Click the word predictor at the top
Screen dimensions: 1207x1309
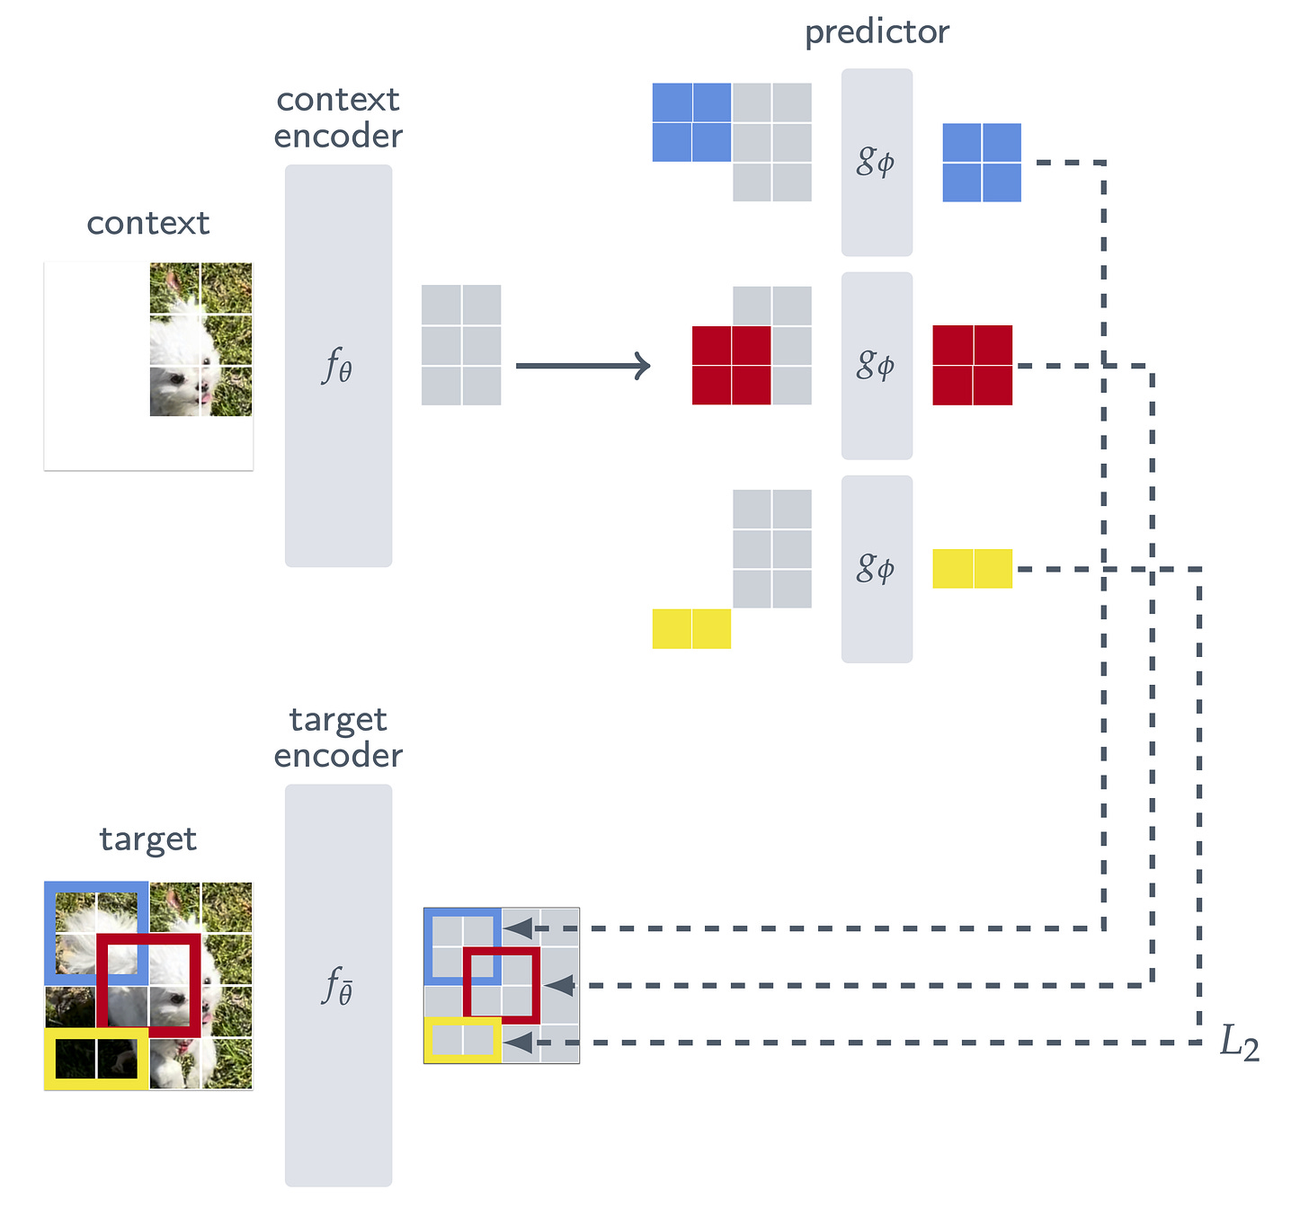point(877,32)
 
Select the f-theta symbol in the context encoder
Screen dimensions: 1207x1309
point(337,367)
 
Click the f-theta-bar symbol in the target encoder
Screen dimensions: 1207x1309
point(337,986)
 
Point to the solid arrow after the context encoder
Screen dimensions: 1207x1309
point(583,366)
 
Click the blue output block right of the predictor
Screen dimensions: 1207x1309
point(982,163)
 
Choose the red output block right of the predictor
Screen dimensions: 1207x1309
point(972,365)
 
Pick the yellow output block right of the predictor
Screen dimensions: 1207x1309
point(972,569)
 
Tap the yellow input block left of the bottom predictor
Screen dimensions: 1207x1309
point(691,628)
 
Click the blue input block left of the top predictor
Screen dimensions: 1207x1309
point(691,122)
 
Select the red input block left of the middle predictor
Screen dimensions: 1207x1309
point(731,365)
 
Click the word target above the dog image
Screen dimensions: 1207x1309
point(147,839)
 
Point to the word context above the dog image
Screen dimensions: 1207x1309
point(147,223)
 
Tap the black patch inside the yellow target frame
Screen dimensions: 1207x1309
point(96,1059)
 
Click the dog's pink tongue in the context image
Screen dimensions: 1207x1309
point(206,395)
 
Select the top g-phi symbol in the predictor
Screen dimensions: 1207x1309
point(876,162)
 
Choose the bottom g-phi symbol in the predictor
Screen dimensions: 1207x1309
point(876,568)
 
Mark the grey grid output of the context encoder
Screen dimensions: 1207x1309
point(461,345)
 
